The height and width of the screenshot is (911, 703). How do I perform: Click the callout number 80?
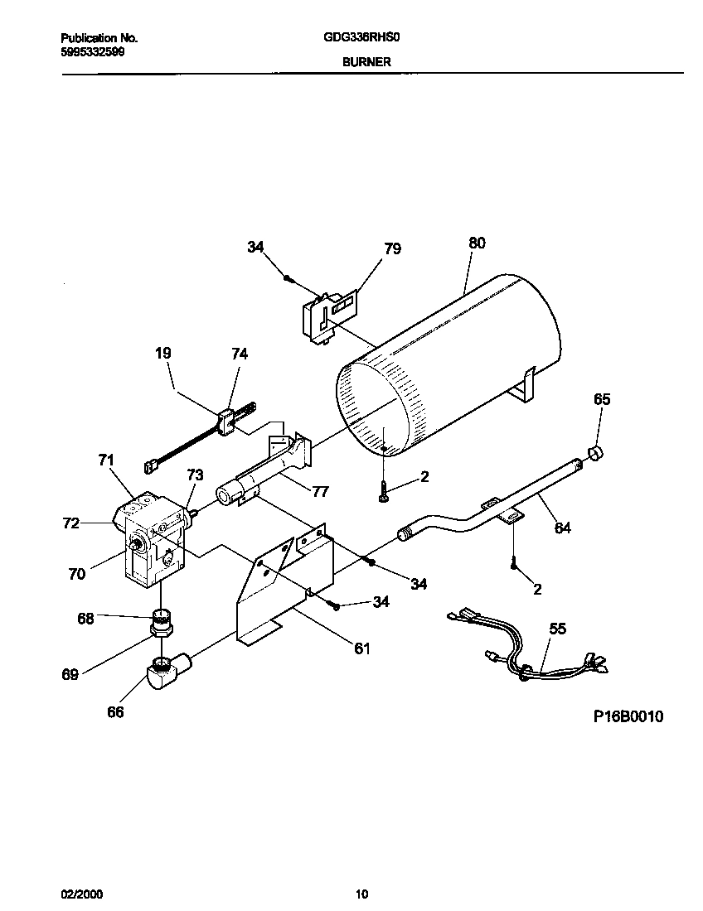pyautogui.click(x=477, y=243)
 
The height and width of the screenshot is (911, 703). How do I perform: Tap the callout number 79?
pyautogui.click(x=392, y=248)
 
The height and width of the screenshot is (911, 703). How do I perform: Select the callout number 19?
pyautogui.click(x=163, y=353)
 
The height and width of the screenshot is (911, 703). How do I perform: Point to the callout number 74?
pyautogui.click(x=239, y=353)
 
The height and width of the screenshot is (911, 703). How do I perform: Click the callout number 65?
pyautogui.click(x=602, y=399)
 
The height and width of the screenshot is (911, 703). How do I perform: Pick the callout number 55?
pyautogui.click(x=558, y=629)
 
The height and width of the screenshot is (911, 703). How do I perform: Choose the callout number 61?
pyautogui.click(x=361, y=648)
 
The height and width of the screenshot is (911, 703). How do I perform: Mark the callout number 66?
pyautogui.click(x=115, y=711)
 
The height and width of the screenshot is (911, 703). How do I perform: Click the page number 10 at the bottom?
pyautogui.click(x=361, y=894)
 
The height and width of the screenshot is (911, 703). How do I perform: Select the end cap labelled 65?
pyautogui.click(x=594, y=451)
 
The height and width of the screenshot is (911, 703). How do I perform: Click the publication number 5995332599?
pyautogui.click(x=94, y=51)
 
